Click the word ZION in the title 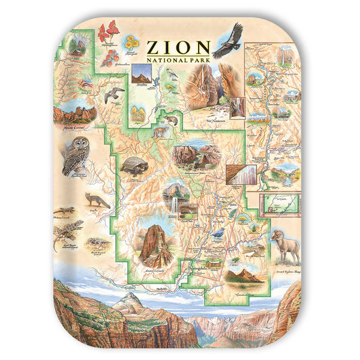pos(178,47)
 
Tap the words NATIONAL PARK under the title pos(178,59)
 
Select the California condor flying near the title pos(228,41)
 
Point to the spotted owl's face pos(77,146)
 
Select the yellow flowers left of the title pos(131,43)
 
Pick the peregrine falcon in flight pos(113,94)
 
